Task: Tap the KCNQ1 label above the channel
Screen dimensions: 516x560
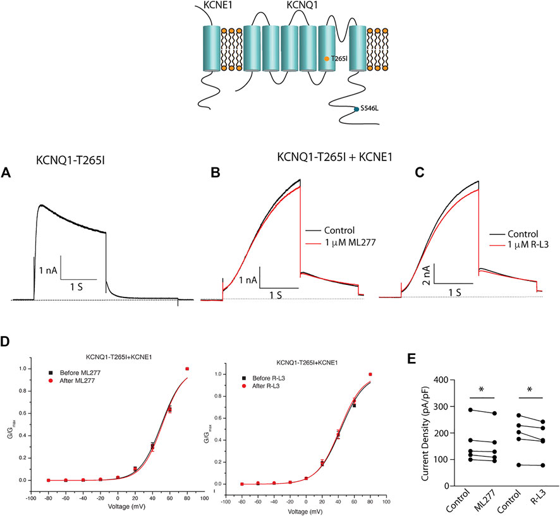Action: (x=302, y=7)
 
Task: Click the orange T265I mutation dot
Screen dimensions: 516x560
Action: (x=326, y=58)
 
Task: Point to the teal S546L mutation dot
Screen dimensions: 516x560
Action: (x=356, y=109)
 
